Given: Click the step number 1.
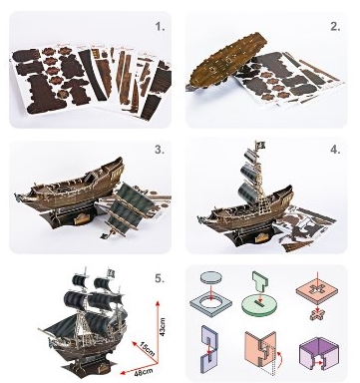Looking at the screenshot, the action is click(x=161, y=27).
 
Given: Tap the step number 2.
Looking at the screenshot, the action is click(x=335, y=27).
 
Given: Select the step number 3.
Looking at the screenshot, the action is click(x=160, y=150).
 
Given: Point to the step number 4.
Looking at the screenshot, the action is click(x=335, y=150).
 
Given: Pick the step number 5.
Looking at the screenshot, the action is click(x=160, y=278).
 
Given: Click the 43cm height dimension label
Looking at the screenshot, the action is click(x=162, y=327).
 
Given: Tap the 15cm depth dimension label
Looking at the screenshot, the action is click(x=147, y=348).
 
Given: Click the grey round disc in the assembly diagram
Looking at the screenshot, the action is click(x=211, y=277).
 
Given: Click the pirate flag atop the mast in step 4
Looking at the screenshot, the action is click(x=261, y=145).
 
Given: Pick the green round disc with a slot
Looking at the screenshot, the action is click(x=259, y=306).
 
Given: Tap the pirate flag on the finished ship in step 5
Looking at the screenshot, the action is click(x=111, y=273).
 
